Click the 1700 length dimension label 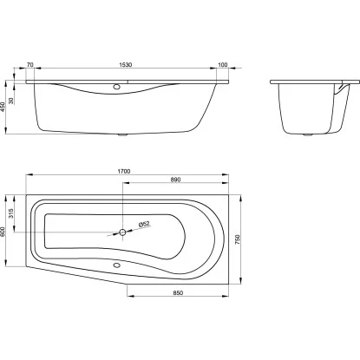(x=124, y=172)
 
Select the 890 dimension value (x=175, y=180)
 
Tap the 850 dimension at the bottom (x=178, y=293)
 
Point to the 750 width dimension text (x=238, y=239)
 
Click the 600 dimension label (x=3, y=232)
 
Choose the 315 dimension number (x=11, y=213)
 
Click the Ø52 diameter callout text (x=144, y=224)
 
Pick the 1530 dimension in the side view (x=126, y=65)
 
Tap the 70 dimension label (x=29, y=65)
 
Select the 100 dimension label (x=222, y=65)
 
